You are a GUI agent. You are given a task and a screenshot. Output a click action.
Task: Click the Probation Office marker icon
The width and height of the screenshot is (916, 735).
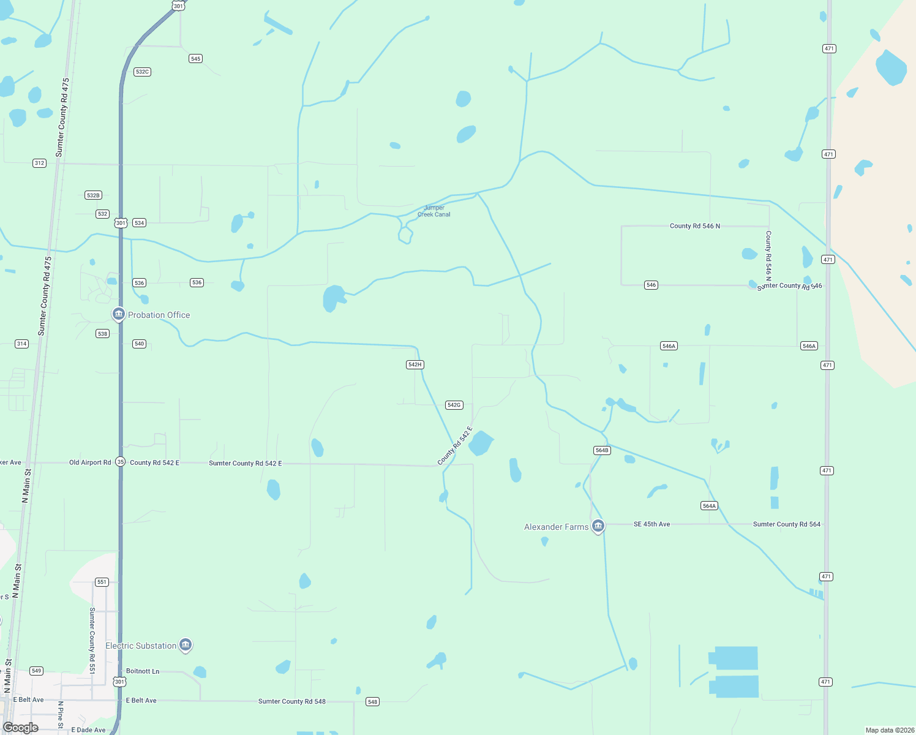[118, 314]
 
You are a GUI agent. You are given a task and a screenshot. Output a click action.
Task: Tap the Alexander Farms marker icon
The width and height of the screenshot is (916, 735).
[598, 526]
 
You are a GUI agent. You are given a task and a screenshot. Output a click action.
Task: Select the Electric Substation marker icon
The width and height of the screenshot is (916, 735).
[186, 645]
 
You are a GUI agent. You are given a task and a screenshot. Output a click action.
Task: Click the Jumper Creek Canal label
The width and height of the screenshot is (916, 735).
[434, 211]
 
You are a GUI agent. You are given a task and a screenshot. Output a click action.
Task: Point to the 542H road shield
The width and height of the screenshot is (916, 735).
[415, 364]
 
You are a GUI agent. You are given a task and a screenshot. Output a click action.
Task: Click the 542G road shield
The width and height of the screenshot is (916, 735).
[454, 405]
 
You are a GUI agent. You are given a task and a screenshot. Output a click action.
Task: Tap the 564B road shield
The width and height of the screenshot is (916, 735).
[602, 450]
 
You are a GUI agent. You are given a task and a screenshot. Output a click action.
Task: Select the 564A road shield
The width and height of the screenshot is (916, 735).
[709, 506]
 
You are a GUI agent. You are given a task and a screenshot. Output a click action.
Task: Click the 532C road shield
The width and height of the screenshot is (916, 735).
[142, 72]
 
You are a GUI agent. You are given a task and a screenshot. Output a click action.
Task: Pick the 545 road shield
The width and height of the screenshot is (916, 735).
[195, 59]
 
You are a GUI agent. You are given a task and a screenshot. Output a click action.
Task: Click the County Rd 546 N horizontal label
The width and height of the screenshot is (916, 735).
[694, 226]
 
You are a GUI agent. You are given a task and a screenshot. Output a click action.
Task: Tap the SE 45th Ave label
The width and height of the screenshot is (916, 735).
[651, 524]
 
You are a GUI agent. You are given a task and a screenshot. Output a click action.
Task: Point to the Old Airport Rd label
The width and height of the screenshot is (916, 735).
[90, 462]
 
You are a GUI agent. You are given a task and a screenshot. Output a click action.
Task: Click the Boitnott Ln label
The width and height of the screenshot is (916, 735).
[143, 671]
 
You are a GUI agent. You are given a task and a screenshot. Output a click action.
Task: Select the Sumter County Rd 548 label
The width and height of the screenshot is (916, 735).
[291, 701]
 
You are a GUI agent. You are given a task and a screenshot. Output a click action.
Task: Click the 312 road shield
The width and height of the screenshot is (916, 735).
[39, 163]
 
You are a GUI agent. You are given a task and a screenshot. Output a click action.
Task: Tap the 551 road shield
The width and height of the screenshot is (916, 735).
[102, 582]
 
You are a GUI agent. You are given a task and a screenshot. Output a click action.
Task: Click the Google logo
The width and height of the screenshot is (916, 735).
[21, 728]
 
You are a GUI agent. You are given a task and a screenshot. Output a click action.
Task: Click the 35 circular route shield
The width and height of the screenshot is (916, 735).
[121, 462]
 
